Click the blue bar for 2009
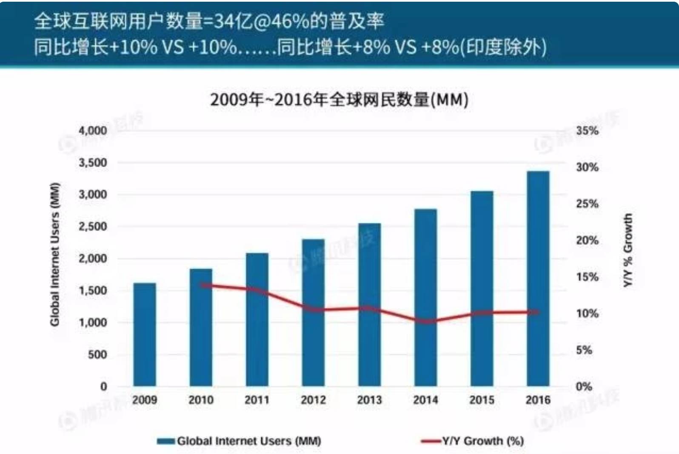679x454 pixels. pyautogui.click(x=145, y=334)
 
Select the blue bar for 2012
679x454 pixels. pyautogui.click(x=313, y=313)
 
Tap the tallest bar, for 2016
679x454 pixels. pyautogui.click(x=538, y=279)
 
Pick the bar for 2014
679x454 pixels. pyautogui.click(x=425, y=298)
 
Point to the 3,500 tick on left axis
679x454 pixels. pyautogui.click(x=93, y=163)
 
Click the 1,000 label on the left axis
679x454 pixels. pyautogui.click(x=93, y=322)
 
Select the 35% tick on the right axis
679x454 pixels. pyautogui.click(x=587, y=131)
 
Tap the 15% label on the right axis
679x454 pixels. pyautogui.click(x=587, y=277)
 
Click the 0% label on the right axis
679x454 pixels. pyautogui.click(x=584, y=387)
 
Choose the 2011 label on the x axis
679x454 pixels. pyautogui.click(x=257, y=400)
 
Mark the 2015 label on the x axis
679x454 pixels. pyautogui.click(x=482, y=400)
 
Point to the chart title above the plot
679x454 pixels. pyautogui.click(x=339, y=100)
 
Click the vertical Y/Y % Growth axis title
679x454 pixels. pyautogui.click(x=628, y=250)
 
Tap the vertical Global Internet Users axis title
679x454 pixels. pyautogui.click(x=55, y=255)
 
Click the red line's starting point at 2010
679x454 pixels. pyautogui.click(x=201, y=285)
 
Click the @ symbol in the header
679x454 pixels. pyautogui.click(x=262, y=21)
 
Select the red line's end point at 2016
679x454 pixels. pyautogui.click(x=538, y=312)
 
